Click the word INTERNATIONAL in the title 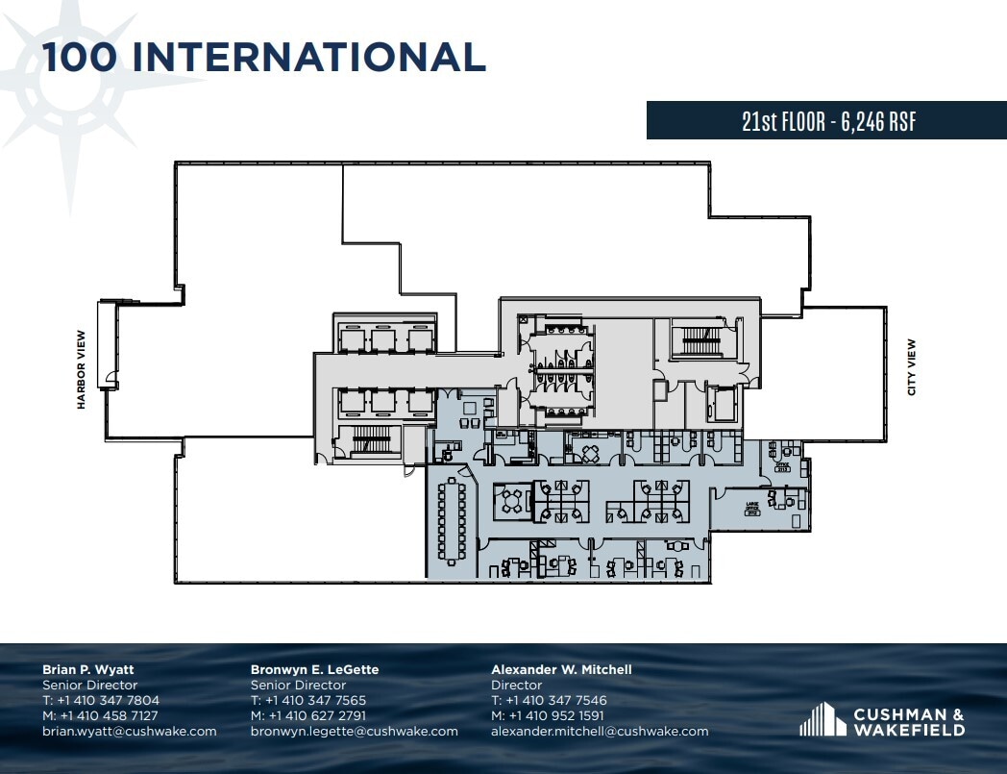[x=308, y=57]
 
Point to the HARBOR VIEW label [x=82, y=370]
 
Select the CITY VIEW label [x=911, y=367]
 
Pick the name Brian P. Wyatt [x=89, y=669]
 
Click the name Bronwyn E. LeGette [x=314, y=669]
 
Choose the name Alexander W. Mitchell [x=561, y=669]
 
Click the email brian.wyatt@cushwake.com [x=129, y=732]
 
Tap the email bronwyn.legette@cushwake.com [x=354, y=732]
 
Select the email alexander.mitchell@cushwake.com [x=600, y=732]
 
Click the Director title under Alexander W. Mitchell [x=516, y=686]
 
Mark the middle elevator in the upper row [x=382, y=337]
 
